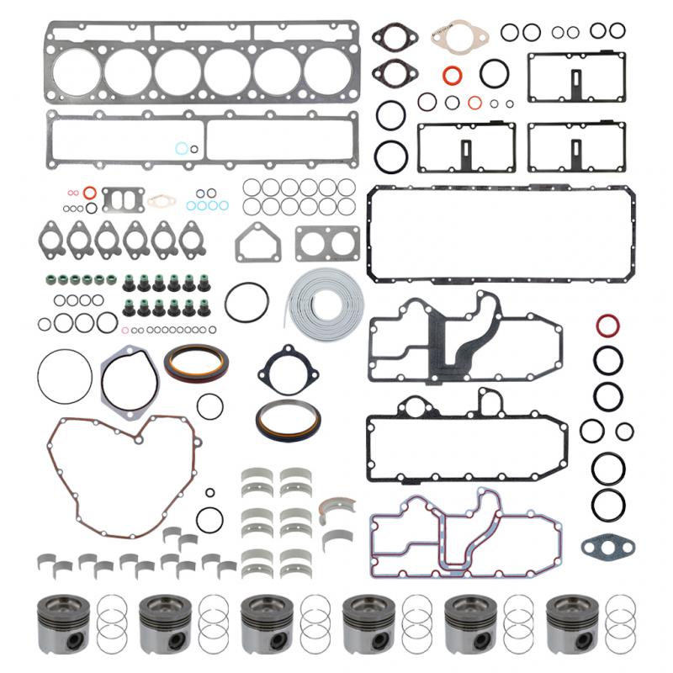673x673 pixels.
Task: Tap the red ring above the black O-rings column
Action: pyautogui.click(x=607, y=326)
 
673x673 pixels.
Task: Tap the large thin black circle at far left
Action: pyautogui.click(x=64, y=374)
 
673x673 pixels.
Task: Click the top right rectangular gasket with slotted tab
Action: pyautogui.click(x=576, y=76)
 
